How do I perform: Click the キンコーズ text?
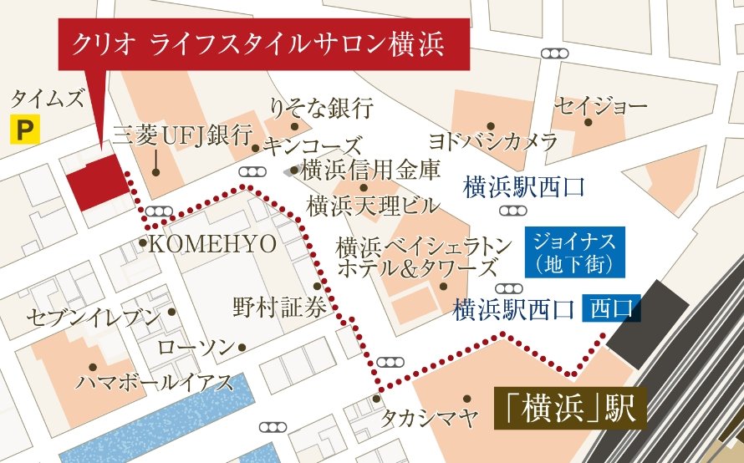[x=313, y=146]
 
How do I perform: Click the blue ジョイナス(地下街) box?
[x=574, y=253]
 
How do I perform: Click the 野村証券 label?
[x=279, y=308]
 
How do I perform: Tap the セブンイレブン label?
[x=93, y=318]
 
